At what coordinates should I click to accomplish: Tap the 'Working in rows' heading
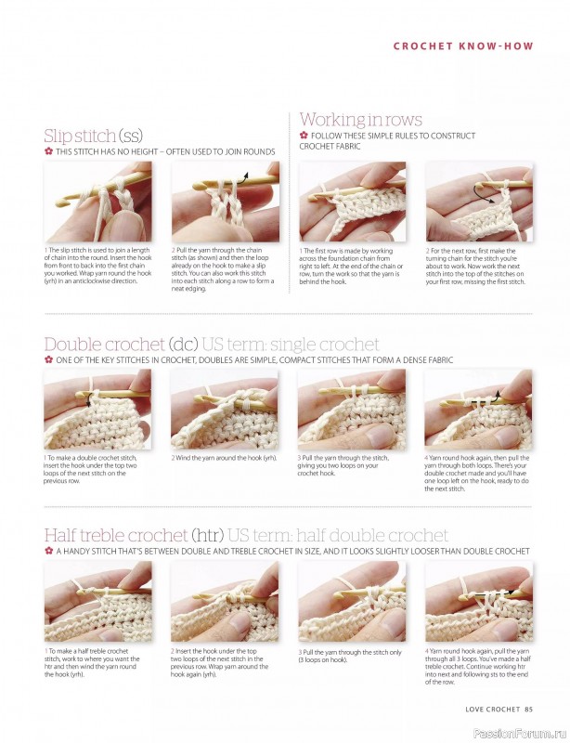point(360,120)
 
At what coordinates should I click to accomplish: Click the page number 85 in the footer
point(527,710)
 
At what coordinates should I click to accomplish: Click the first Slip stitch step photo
point(97,202)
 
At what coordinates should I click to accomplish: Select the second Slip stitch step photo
point(225,202)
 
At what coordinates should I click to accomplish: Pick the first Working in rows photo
point(353,202)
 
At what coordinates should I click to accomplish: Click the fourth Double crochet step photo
point(478,409)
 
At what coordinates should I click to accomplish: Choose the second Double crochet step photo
point(225,409)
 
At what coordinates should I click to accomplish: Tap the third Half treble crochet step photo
point(352,601)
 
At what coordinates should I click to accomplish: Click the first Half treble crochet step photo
point(97,601)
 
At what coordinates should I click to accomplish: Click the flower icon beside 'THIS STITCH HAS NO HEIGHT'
point(48,151)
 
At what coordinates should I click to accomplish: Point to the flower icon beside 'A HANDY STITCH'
point(48,551)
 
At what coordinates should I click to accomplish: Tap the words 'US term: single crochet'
point(304,345)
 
